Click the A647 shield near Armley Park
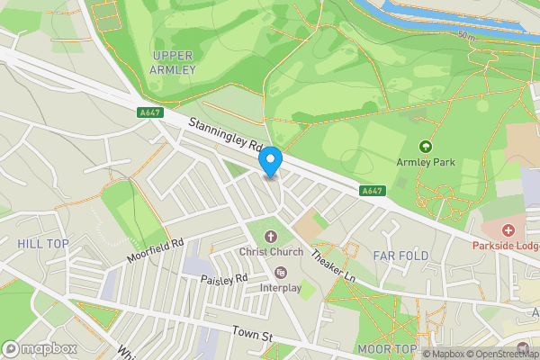pos(372,191)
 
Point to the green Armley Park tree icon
pos(426,146)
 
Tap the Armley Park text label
pos(426,163)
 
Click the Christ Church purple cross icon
pos(270,237)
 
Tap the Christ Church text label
pos(270,252)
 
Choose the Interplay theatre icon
pos(280,273)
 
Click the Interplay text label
pos(280,287)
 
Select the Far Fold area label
pos(401,256)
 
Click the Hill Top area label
pos(42,244)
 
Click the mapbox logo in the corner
pos(39,348)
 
